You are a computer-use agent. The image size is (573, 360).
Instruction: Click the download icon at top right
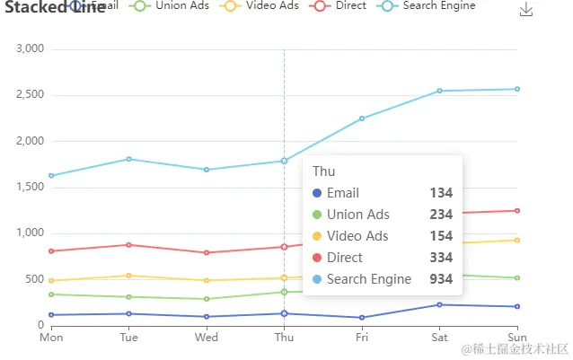click(527, 10)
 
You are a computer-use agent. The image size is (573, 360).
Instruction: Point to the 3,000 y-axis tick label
click(31, 48)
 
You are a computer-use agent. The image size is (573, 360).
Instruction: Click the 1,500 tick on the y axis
click(31, 187)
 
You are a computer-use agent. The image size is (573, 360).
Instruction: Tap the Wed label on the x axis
click(207, 338)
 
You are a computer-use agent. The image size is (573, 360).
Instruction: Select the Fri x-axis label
click(362, 338)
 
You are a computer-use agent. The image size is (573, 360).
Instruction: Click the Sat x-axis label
click(440, 338)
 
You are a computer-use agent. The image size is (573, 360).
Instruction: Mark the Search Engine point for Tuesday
click(129, 159)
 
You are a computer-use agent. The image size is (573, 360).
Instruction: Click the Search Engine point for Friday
click(362, 119)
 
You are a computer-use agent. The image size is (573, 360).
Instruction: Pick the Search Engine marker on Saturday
click(440, 91)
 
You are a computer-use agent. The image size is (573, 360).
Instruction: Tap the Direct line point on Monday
click(51, 250)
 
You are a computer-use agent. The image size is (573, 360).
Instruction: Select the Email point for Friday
click(362, 317)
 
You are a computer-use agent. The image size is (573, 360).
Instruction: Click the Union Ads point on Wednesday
click(207, 299)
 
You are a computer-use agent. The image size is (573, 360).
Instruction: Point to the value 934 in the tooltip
click(441, 279)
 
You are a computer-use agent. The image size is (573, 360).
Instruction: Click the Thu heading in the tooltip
click(323, 171)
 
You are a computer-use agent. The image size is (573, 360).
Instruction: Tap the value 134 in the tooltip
click(441, 193)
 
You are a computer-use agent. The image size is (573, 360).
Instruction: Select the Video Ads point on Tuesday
click(129, 276)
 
